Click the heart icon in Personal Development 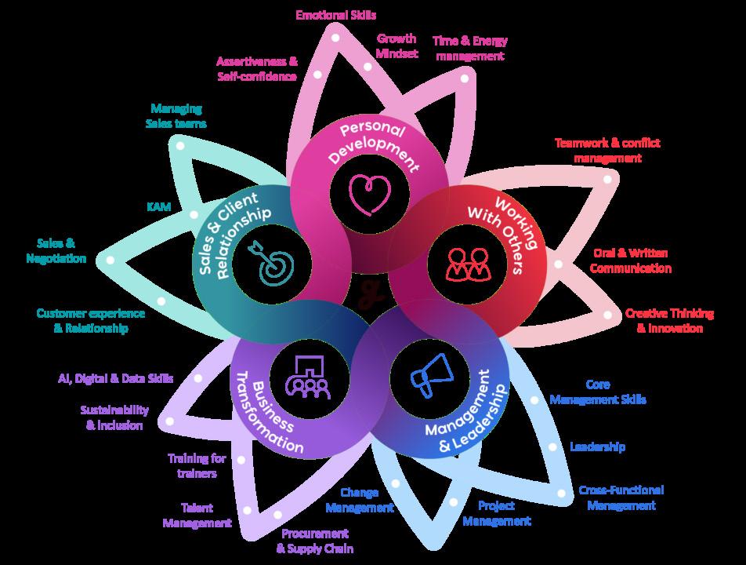369,193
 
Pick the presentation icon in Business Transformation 309,375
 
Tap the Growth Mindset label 397,46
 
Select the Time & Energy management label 470,48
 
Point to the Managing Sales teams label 176,116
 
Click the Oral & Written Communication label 631,261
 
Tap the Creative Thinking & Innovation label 669,320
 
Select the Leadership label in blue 597,447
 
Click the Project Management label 496,513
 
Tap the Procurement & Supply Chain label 315,541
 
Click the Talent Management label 197,515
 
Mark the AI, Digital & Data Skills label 116,378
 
